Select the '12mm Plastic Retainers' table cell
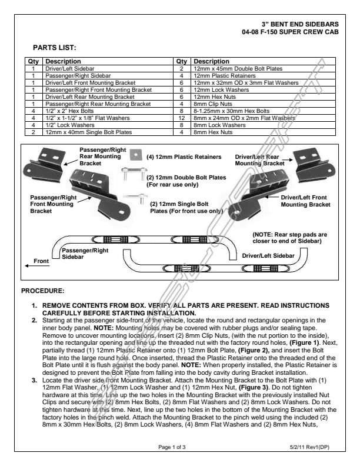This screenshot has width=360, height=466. pyautogui.click(x=224, y=76)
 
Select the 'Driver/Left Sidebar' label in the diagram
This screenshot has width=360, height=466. pyautogui.click(x=268, y=256)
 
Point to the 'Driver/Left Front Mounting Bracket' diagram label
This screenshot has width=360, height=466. pyautogui.click(x=305, y=201)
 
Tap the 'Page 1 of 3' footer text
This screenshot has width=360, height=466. pyautogui.click(x=172, y=447)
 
